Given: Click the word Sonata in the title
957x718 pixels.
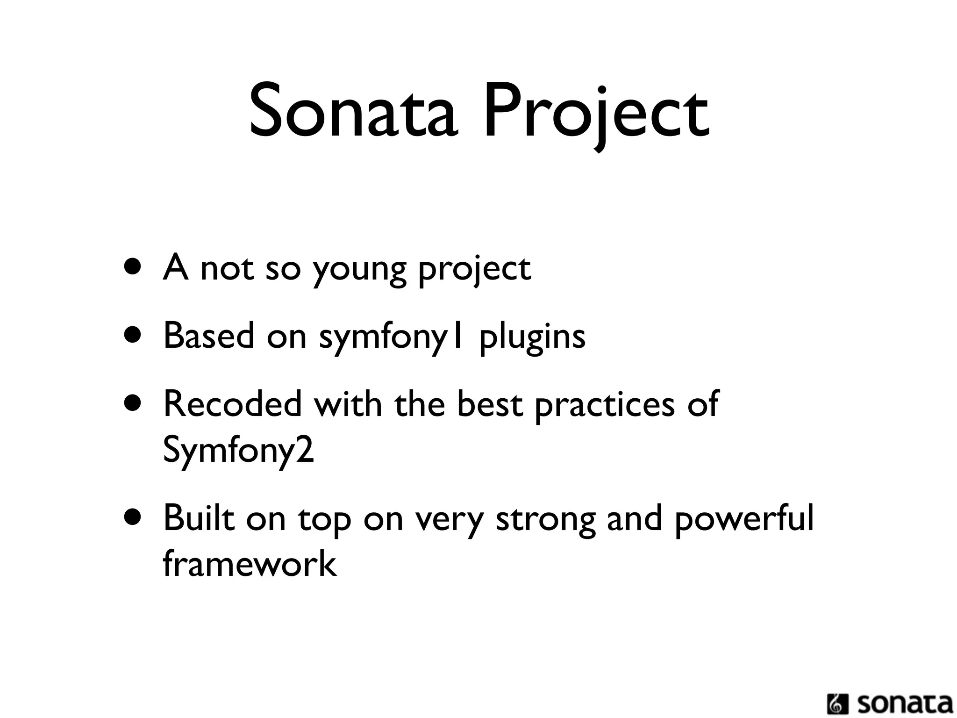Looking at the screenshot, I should coord(352,112).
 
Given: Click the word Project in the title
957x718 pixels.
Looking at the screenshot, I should coord(596,115).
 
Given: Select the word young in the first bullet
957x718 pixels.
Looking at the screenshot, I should coord(359,270).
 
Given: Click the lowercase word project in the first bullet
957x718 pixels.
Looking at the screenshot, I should coord(474,270).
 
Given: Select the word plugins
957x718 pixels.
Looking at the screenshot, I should coord(532,337).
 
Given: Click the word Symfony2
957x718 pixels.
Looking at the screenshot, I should coord(238,451).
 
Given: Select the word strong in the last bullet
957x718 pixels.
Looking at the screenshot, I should coord(545,520).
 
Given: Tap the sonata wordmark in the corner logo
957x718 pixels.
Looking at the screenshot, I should coord(905,704).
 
